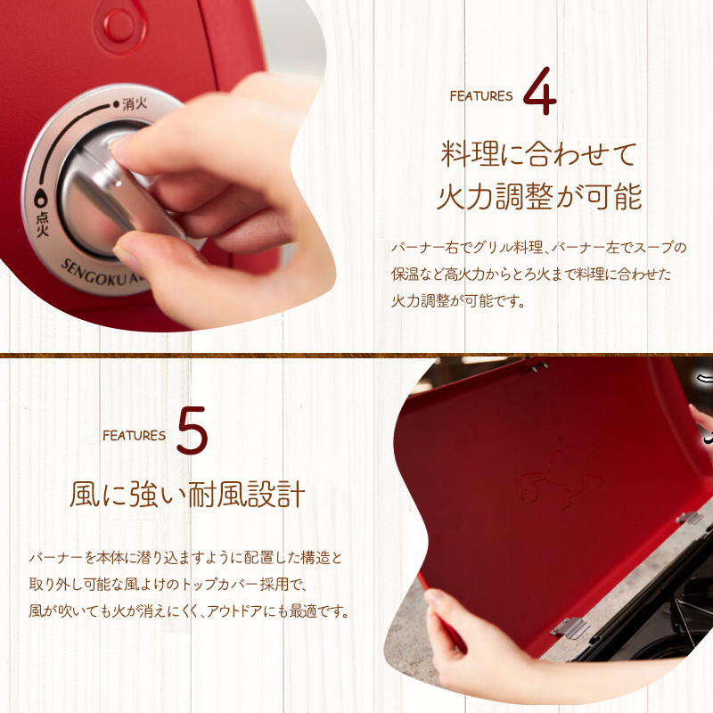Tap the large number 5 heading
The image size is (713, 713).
pos(193,433)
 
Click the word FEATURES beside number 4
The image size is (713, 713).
pos(481,96)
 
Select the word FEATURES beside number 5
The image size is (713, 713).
pos(134,436)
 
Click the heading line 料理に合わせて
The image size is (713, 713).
pos(539,154)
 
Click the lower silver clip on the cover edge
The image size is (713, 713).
pos(570,628)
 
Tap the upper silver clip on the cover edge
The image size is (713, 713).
pos(688,518)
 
